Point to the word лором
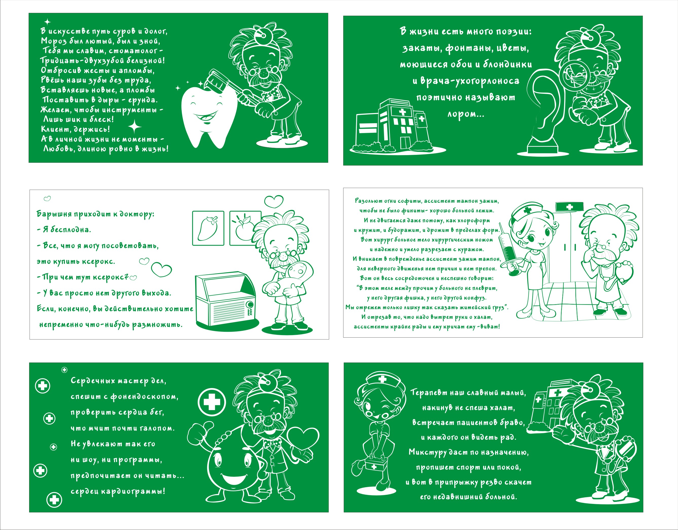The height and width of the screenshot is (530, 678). click(x=466, y=114)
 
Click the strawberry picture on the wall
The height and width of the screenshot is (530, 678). click(x=208, y=228)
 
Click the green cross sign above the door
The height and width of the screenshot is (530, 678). click(x=569, y=207)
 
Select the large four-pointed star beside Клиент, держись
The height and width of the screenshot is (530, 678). click(x=135, y=127)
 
